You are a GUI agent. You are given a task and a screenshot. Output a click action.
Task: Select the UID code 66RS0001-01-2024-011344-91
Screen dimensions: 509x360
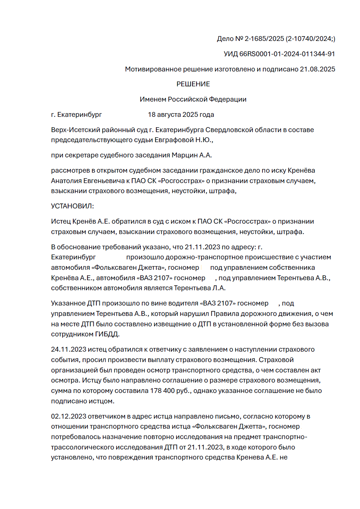(287, 54)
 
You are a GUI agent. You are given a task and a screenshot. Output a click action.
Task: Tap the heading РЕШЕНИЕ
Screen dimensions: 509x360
(193, 84)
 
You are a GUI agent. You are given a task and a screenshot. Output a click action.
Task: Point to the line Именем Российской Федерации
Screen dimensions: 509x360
(193, 99)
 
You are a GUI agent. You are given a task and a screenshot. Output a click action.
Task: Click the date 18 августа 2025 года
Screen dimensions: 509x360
(181, 115)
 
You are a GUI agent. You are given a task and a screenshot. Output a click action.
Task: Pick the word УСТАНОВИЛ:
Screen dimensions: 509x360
(73, 206)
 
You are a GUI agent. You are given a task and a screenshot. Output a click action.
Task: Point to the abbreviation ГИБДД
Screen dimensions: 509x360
(107, 334)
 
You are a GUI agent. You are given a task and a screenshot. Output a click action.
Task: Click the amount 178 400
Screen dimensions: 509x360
(162, 391)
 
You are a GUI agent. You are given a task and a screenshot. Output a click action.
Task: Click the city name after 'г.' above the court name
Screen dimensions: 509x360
(79, 115)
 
